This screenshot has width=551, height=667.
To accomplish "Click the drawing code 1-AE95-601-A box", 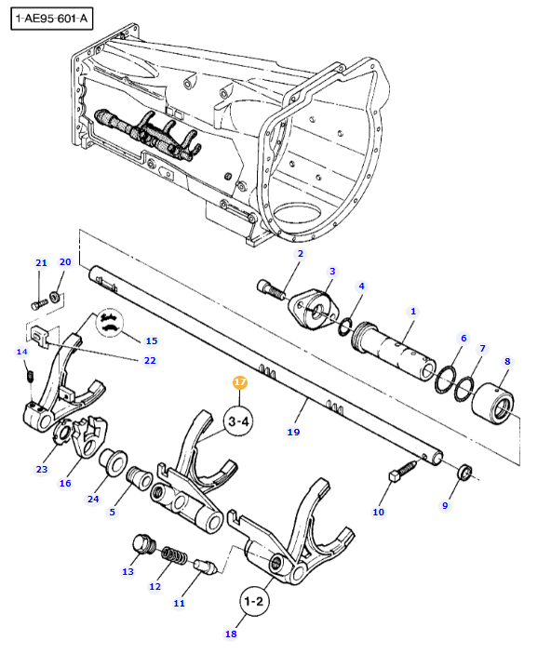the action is pyautogui.click(x=51, y=19).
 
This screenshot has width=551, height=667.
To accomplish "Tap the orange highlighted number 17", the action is pyautogui.click(x=240, y=382).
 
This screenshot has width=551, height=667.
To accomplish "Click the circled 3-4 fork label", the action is pyautogui.click(x=238, y=421).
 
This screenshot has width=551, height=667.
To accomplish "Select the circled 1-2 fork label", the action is pyautogui.click(x=254, y=602).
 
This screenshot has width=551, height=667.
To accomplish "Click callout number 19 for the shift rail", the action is pyautogui.click(x=293, y=433).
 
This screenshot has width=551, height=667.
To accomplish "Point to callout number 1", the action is pyautogui.click(x=412, y=312).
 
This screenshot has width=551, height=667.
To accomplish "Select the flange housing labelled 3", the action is pyautogui.click(x=314, y=309).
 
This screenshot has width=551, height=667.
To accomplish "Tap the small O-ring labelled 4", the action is pyautogui.click(x=345, y=327).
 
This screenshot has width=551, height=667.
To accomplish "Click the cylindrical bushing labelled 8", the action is pyautogui.click(x=492, y=403).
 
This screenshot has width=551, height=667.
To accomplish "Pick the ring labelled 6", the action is pyautogui.click(x=445, y=379).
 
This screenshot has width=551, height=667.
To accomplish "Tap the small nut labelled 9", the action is pyautogui.click(x=464, y=472).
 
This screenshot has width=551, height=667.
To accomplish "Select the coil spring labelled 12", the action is pyautogui.click(x=174, y=555).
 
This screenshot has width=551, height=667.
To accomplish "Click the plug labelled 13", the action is pyautogui.click(x=144, y=544).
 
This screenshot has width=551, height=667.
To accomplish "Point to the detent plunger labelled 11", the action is pyautogui.click(x=206, y=567).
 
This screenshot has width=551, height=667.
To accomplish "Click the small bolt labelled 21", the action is pyautogui.click(x=39, y=304).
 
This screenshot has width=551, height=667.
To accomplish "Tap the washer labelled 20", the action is pyautogui.click(x=55, y=296).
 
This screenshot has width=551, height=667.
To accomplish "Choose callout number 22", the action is pyautogui.click(x=150, y=361).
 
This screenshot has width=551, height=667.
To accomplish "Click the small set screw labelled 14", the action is pyautogui.click(x=30, y=376).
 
